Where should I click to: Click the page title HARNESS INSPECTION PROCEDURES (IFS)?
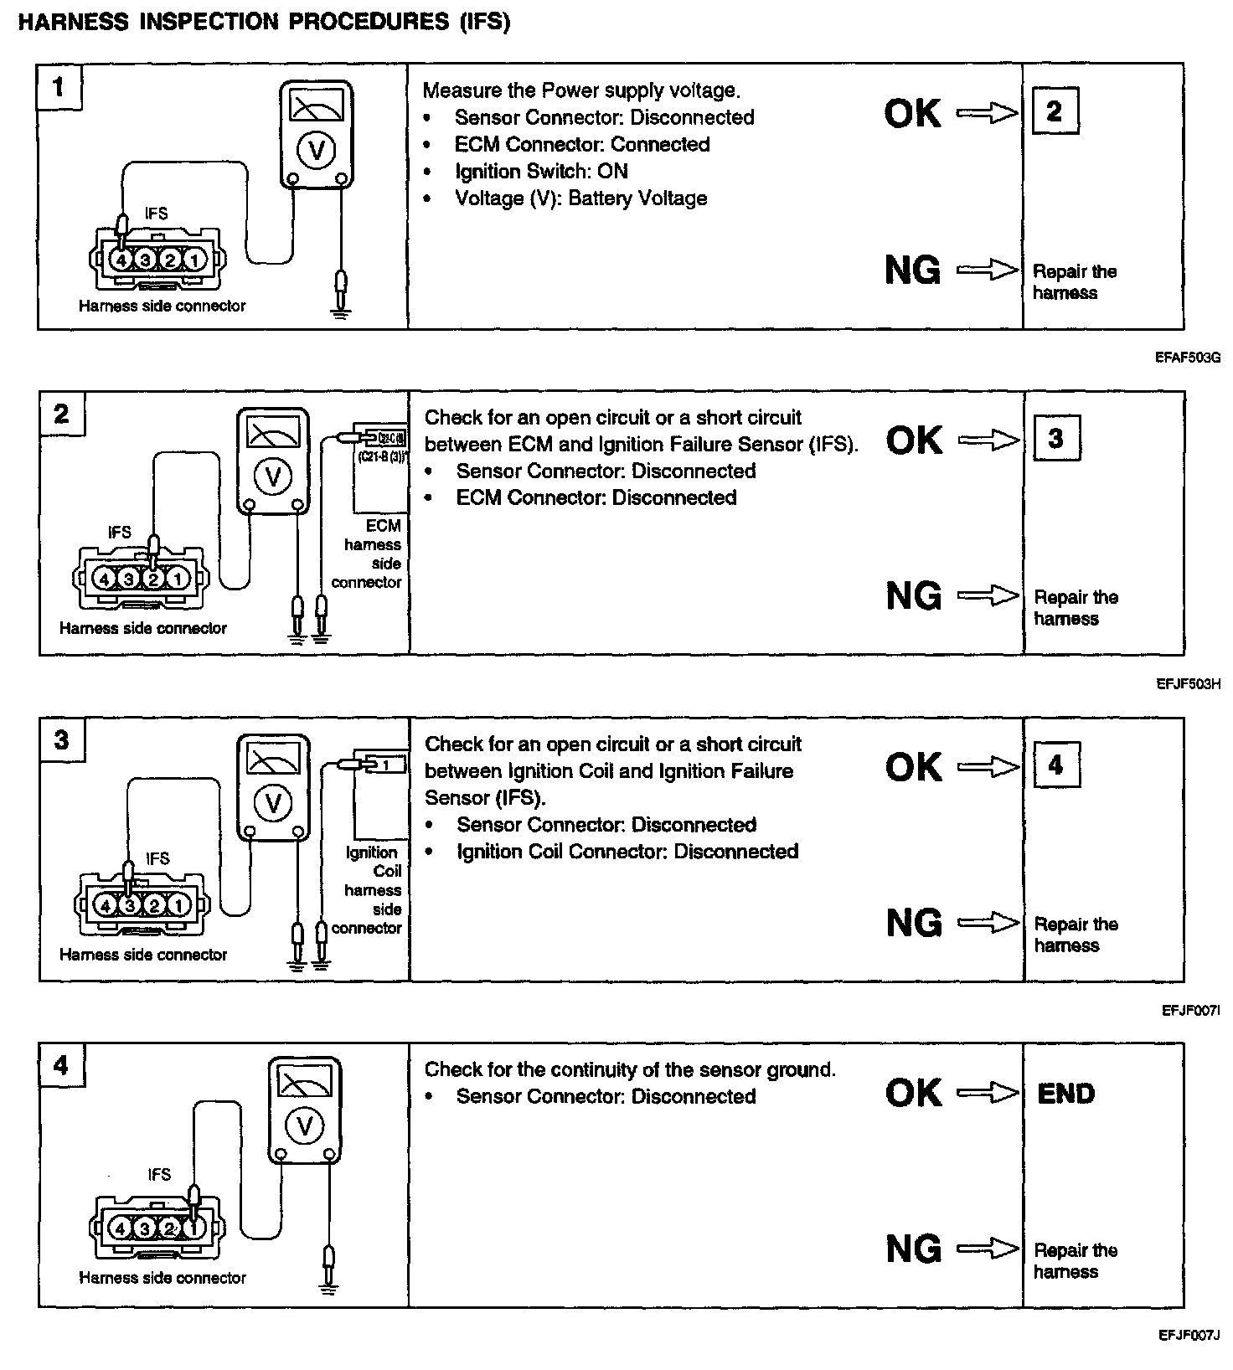(x=264, y=23)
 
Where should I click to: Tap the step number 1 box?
(x=59, y=87)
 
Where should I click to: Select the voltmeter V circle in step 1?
(x=316, y=151)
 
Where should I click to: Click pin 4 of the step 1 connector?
(x=121, y=260)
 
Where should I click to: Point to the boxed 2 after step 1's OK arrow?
(x=1054, y=111)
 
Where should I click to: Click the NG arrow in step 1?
(x=987, y=270)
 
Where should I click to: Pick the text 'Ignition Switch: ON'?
(x=540, y=172)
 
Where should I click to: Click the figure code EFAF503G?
(x=1188, y=358)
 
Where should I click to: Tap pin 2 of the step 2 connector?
(x=153, y=579)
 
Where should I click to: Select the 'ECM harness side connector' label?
(x=369, y=554)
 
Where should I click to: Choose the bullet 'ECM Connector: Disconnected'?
(x=596, y=497)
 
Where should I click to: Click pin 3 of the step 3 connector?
(x=129, y=905)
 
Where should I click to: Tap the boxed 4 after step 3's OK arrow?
(x=1055, y=765)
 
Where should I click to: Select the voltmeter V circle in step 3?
(x=273, y=803)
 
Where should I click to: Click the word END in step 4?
(x=1065, y=1094)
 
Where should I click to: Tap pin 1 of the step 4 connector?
(x=193, y=1228)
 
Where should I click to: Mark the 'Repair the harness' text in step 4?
(x=1075, y=1261)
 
